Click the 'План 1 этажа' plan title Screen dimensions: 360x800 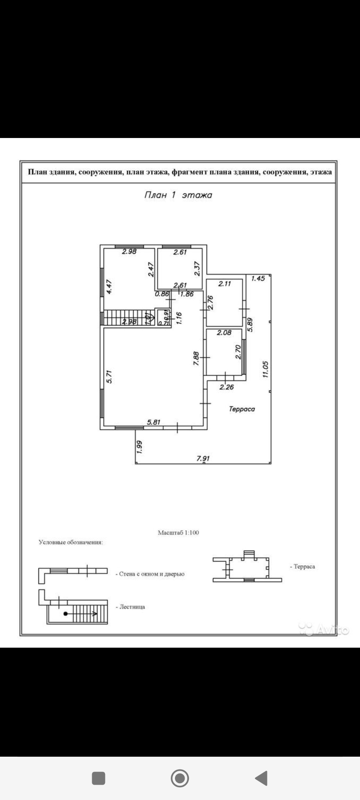(178, 195)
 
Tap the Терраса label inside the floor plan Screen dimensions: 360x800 (242, 409)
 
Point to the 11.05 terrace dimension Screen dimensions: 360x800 (265, 369)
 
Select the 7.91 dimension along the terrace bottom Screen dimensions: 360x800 (203, 458)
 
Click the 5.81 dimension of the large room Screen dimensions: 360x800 (154, 422)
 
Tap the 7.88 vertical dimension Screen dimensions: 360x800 (196, 359)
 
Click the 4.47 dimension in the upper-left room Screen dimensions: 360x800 (109, 286)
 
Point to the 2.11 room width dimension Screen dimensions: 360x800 (224, 284)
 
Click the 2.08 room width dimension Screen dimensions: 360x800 (224, 332)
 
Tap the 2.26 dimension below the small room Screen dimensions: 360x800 (227, 387)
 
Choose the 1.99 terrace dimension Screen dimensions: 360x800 (140, 447)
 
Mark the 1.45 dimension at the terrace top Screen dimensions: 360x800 (258, 278)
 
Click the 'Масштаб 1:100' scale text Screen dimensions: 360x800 (178, 533)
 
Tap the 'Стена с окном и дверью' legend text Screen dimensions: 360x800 (152, 574)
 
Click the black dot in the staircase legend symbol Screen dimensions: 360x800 (66, 613)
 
